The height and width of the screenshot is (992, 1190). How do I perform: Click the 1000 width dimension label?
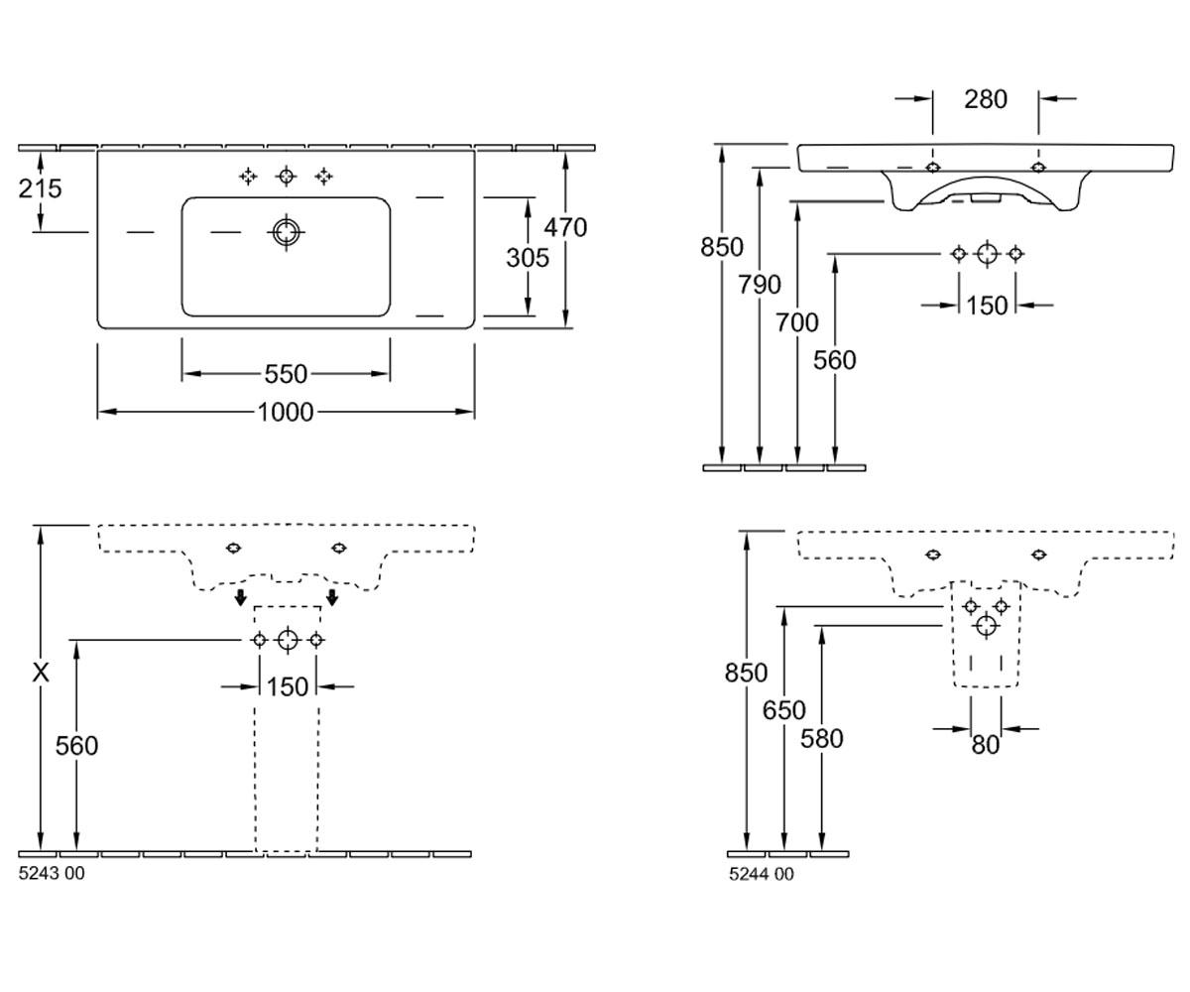click(x=286, y=413)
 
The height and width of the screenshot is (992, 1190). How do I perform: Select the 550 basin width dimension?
click(x=286, y=375)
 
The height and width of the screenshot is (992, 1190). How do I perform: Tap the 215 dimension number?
click(x=40, y=188)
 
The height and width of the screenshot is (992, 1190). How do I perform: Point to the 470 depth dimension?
click(x=565, y=227)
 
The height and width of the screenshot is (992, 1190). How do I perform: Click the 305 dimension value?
click(x=528, y=258)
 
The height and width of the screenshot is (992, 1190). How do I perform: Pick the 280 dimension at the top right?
click(x=986, y=99)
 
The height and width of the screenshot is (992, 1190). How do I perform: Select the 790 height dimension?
click(x=760, y=285)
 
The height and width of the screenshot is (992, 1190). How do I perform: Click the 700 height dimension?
click(x=796, y=323)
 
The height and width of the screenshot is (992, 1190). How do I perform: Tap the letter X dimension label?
click(x=41, y=674)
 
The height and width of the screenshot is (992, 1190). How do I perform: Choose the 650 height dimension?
click(x=784, y=710)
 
